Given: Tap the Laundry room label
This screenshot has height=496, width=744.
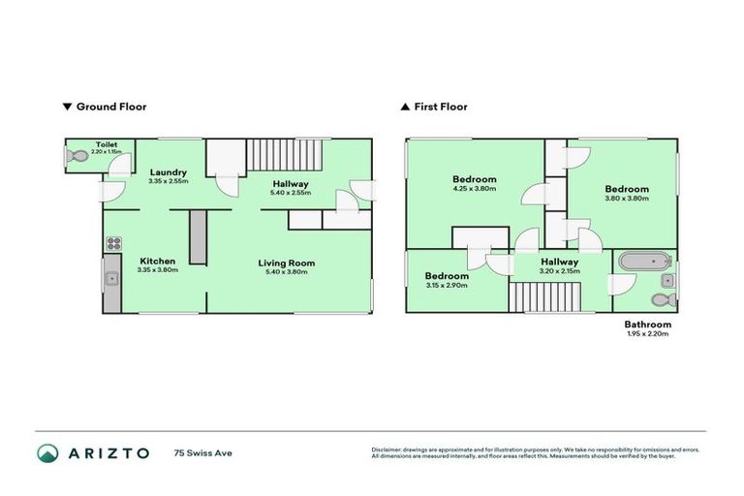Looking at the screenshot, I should (x=168, y=172).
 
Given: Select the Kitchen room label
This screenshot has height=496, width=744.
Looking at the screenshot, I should (x=158, y=262).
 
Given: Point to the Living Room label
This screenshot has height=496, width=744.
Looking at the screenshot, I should (x=286, y=263).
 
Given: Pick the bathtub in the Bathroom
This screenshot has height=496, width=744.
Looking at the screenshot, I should (x=643, y=260).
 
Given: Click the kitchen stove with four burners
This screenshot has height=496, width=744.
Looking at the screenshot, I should (x=112, y=243).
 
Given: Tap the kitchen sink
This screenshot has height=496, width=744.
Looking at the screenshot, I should (x=112, y=280).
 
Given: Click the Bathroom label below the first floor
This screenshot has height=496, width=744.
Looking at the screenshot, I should (x=646, y=325).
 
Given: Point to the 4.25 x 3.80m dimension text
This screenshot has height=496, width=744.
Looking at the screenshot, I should (x=475, y=189).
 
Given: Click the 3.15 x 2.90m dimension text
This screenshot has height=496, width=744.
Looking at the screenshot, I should (x=448, y=286).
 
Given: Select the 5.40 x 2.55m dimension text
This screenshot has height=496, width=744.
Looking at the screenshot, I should (x=290, y=193).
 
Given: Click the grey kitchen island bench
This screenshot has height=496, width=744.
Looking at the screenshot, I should (x=198, y=235).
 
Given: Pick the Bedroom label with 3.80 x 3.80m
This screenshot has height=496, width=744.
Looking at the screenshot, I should (x=626, y=189).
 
